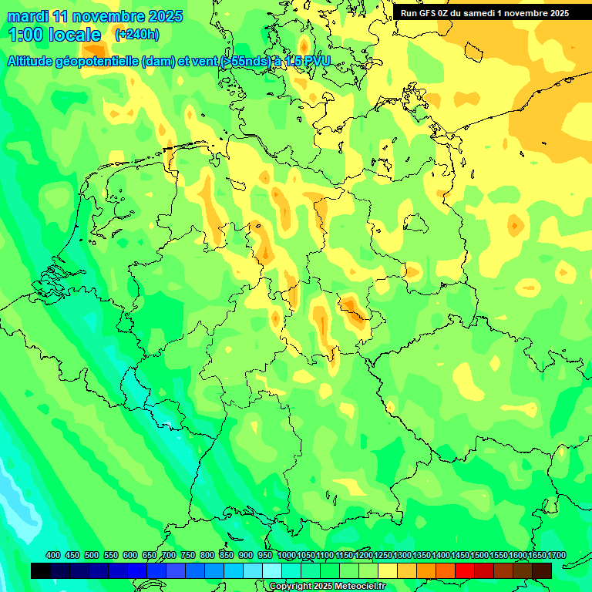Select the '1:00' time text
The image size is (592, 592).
click(x=25, y=35)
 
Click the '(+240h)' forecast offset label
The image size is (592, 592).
click(x=136, y=35)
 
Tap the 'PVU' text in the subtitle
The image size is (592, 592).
click(x=317, y=61)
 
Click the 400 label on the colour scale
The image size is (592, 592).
click(x=53, y=556)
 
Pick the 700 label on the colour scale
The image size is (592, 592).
click(x=168, y=556)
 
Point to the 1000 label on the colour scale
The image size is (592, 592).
click(x=286, y=556)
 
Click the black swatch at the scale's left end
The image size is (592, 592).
click(x=41, y=570)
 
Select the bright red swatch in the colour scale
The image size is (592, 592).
click(x=465, y=570)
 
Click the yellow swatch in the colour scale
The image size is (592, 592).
click(x=388, y=570)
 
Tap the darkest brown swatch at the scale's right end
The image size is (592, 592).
click(x=542, y=570)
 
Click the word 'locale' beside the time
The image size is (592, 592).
click(x=74, y=35)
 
